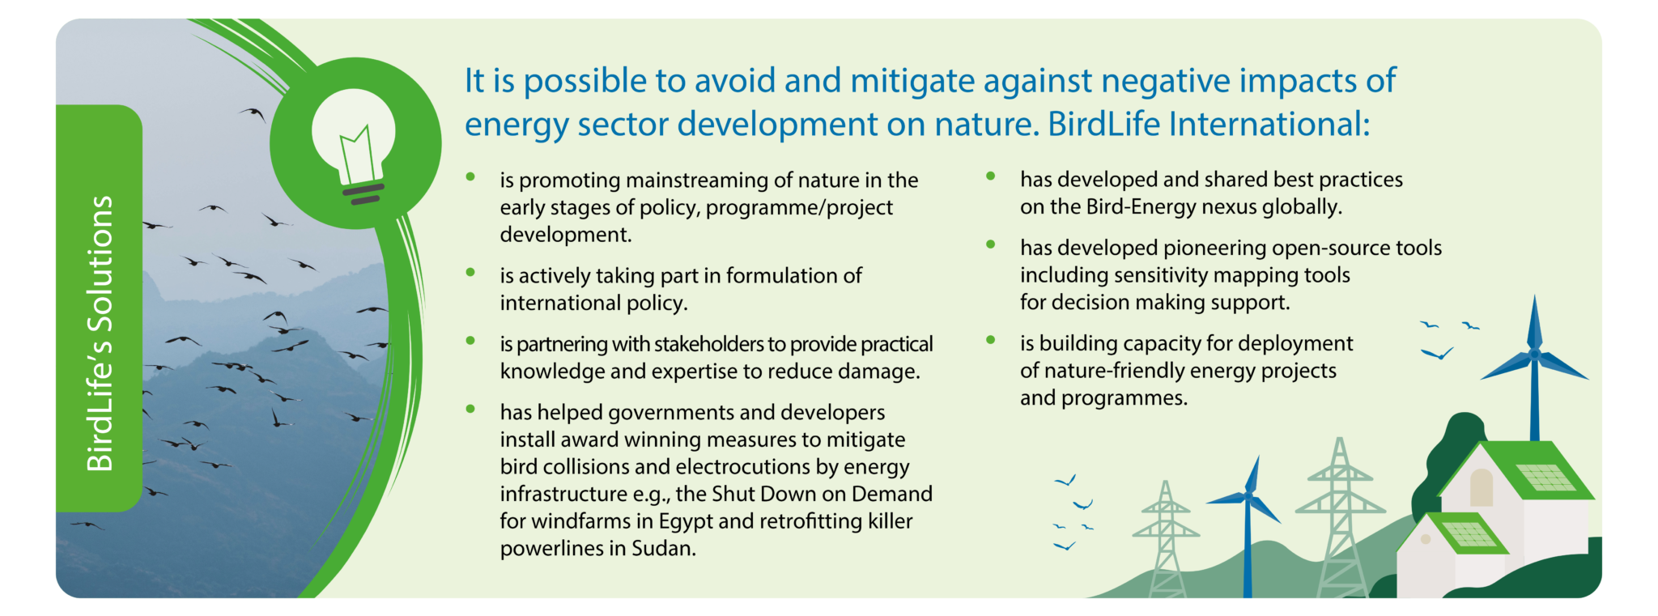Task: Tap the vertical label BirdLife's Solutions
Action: pyautogui.click(x=100, y=333)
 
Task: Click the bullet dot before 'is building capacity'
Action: pyautogui.click(x=990, y=340)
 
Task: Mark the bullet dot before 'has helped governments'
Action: pyautogui.click(x=470, y=409)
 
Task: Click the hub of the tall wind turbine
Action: pyautogui.click(x=1533, y=354)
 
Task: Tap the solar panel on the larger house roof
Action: pyautogui.click(x=1545, y=478)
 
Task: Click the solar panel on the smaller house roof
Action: pyautogui.click(x=1469, y=533)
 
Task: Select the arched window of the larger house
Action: pyautogui.click(x=1481, y=487)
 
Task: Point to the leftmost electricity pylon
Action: pyautogui.click(x=1166, y=539)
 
